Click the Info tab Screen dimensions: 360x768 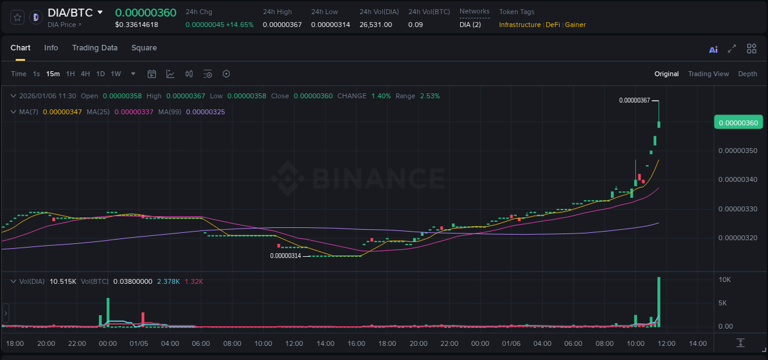coord(51,48)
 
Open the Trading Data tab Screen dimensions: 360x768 coord(95,48)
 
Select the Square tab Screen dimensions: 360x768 coord(144,48)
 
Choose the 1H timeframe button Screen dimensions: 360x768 coord(70,74)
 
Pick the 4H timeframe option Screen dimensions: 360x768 coord(85,74)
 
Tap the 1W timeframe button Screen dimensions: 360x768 coord(116,74)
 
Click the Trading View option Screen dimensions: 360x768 coord(708,74)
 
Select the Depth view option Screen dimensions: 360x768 coord(747,74)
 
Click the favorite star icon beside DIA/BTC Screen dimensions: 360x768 coord(18,17)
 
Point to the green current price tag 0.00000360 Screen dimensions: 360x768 coord(738,122)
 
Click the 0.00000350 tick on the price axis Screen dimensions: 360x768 coord(737,151)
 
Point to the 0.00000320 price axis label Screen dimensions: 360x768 coord(737,238)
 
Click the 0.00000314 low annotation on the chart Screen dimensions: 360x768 coord(286,256)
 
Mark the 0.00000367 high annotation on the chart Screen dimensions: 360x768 coord(634,100)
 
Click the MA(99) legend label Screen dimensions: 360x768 coord(170,112)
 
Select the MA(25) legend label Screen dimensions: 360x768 coord(98,112)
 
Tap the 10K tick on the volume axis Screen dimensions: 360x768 coord(725,280)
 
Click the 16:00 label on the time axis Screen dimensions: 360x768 coord(356,343)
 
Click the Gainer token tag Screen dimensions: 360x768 coord(575,25)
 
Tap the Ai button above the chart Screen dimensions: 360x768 coord(713,49)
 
